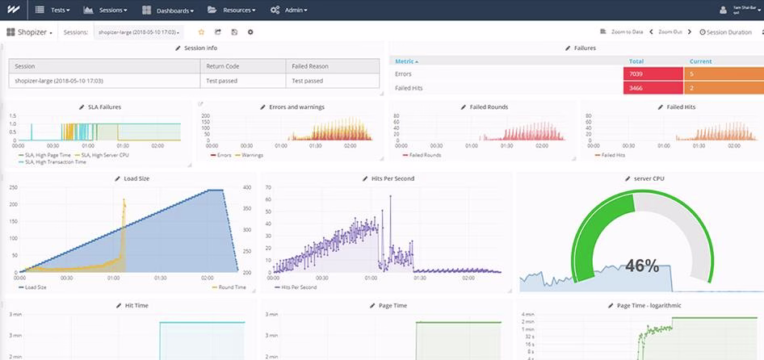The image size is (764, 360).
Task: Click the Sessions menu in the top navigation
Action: click(111, 10)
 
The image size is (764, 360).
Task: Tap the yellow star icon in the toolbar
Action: click(201, 32)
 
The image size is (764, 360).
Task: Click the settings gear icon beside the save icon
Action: click(250, 32)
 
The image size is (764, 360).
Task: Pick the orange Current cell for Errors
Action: click(722, 74)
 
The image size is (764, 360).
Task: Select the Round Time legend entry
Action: click(232, 287)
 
